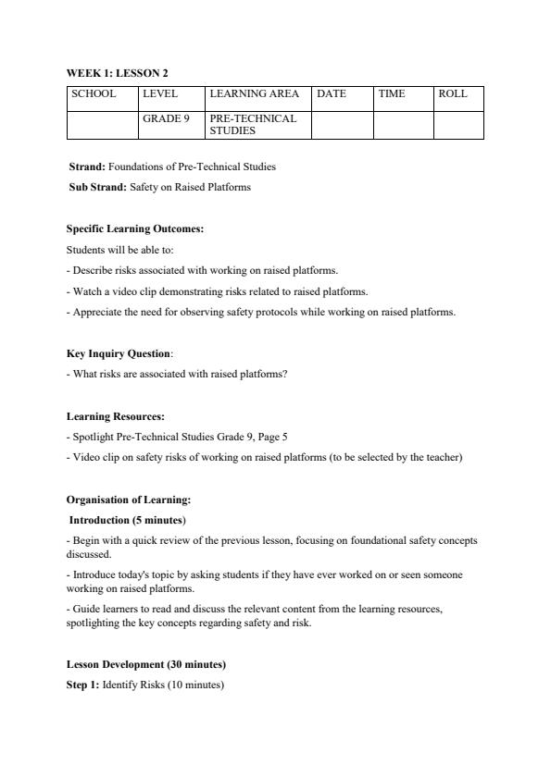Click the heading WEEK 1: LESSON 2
point(117,73)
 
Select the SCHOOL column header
point(94,94)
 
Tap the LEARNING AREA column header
point(255,94)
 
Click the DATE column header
point(332,94)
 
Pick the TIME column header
point(392,94)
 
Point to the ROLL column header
point(453,94)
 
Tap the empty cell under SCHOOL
point(102,125)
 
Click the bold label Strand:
point(87,167)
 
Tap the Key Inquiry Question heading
point(119,353)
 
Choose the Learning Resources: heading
point(116,416)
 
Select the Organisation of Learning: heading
point(129,500)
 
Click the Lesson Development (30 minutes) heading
point(146,665)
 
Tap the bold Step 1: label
point(82,685)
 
